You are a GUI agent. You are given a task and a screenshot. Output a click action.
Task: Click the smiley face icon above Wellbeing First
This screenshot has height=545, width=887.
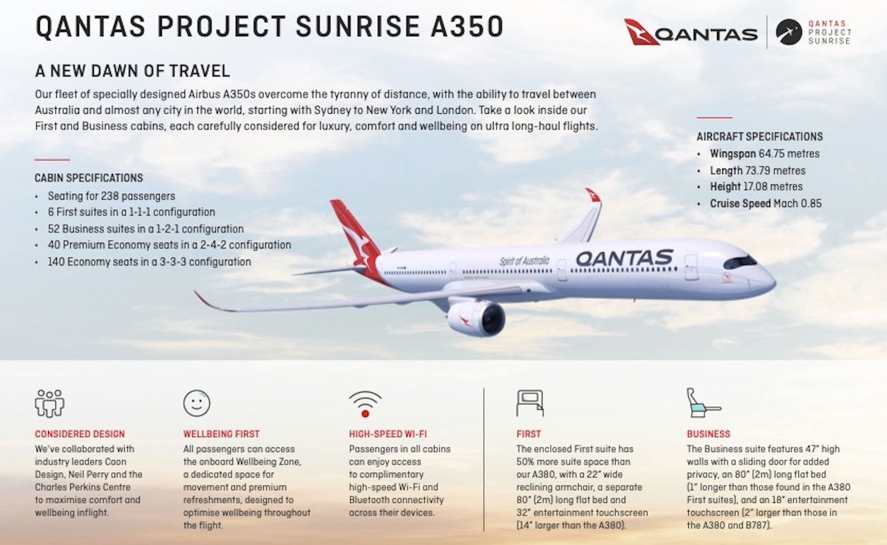(197, 403)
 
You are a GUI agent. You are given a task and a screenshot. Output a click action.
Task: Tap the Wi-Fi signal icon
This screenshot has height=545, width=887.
(365, 404)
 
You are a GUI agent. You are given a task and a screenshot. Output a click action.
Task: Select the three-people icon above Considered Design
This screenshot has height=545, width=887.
(50, 403)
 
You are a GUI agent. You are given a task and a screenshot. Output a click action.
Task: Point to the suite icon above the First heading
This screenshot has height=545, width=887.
(530, 403)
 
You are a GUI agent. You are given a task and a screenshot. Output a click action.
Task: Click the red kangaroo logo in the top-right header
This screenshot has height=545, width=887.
(641, 32)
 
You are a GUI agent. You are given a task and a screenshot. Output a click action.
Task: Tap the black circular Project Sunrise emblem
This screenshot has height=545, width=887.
(789, 32)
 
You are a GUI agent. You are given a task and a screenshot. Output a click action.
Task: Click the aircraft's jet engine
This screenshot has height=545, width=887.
(476, 318)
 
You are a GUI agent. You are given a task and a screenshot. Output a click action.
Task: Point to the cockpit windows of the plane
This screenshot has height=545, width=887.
(740, 263)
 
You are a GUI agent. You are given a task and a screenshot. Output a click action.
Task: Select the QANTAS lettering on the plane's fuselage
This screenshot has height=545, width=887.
(625, 258)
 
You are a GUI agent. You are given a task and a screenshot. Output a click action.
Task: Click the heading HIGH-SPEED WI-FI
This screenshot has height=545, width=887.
(388, 434)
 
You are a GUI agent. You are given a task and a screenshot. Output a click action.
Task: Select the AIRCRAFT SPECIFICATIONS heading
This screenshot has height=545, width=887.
(760, 137)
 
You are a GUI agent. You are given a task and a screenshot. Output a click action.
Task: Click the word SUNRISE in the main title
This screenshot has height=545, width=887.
(357, 27)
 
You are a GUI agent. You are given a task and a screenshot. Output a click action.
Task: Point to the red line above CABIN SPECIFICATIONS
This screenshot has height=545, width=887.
(52, 160)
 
